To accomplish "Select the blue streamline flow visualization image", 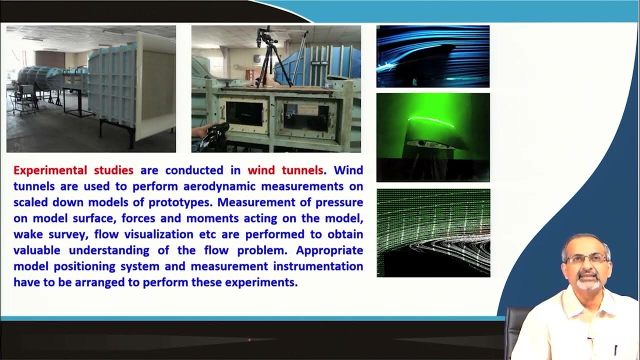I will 433,56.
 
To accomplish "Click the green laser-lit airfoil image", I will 433,137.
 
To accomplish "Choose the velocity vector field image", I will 433,232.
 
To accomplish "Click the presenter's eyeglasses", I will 586,259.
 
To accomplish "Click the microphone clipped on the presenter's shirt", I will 590,340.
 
